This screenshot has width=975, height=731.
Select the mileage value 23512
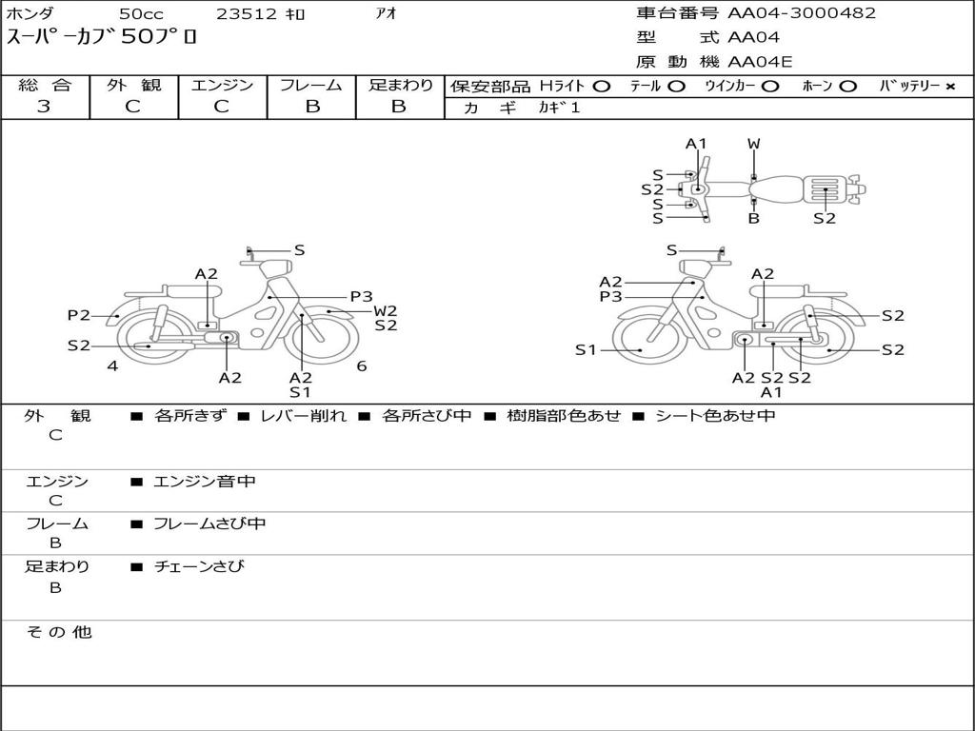247,14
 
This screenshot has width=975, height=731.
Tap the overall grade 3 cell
44,107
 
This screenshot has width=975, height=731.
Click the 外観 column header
133,86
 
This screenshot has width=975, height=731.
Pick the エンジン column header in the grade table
222,86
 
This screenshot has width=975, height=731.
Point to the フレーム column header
311,86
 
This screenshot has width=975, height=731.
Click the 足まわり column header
400,86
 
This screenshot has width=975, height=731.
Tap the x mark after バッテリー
949,87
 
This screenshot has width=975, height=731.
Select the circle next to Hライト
601,87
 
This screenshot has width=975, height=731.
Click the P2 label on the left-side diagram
78,315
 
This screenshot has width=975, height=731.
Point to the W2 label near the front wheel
385,310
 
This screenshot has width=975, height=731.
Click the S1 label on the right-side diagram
586,350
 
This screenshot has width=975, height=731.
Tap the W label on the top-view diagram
753,145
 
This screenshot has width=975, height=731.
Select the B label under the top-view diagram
753,219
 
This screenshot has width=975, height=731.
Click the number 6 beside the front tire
362,365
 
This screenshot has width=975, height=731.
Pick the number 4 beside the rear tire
112,365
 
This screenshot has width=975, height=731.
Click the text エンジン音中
205,482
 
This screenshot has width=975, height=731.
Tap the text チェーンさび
199,566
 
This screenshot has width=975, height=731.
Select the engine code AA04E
760,63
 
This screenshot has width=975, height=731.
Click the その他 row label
58,632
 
